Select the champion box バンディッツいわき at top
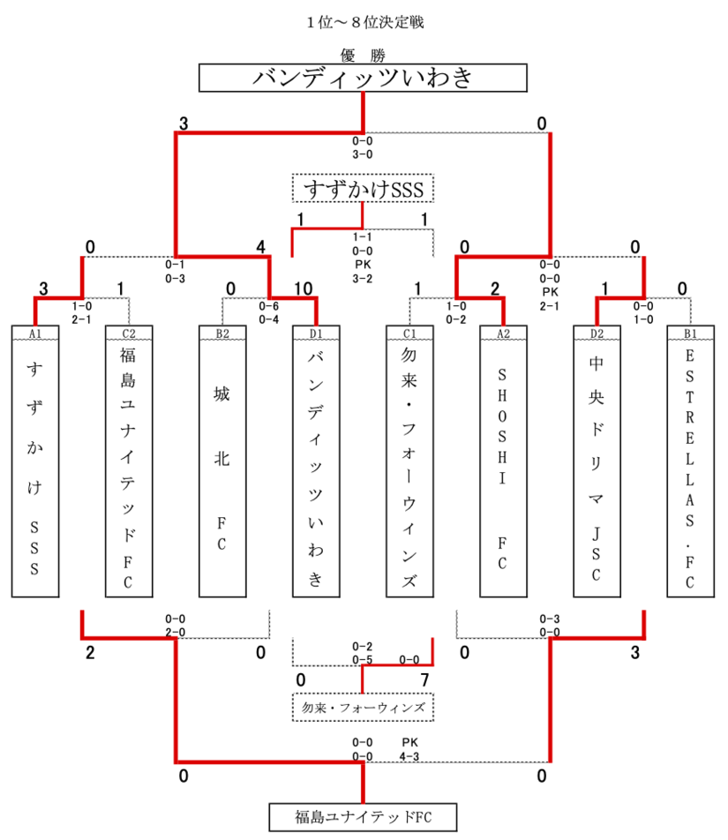coord(364,79)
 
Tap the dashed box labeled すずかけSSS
coord(364,189)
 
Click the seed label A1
coord(35,333)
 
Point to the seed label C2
coord(129,333)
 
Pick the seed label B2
coord(222,333)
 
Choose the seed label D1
coord(316,333)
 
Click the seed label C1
coord(409,333)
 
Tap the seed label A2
coord(503,333)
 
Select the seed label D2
coord(597,333)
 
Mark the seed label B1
coord(690,333)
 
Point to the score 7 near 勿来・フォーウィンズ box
coord(424,679)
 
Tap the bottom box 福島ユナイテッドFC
coord(364,816)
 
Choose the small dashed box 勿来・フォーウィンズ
coord(364,708)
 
